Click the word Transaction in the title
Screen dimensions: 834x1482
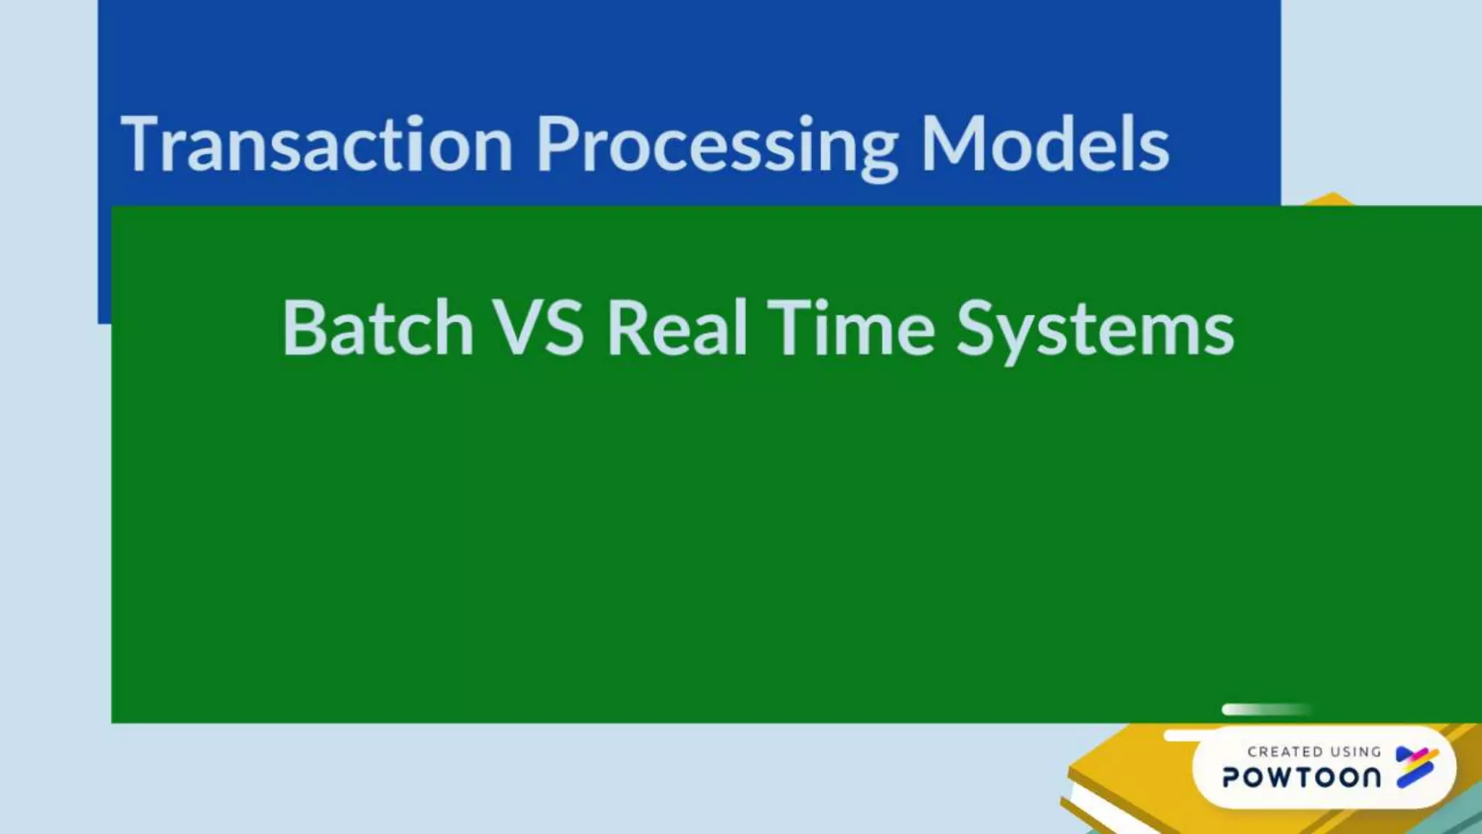[317, 145]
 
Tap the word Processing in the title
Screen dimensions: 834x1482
[716, 145]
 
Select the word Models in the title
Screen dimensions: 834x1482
[1044, 145]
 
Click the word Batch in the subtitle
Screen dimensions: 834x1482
[378, 328]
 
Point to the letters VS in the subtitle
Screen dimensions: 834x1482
[538, 328]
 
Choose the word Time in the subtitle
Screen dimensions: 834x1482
[852, 328]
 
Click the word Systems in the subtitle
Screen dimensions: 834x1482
[1095, 328]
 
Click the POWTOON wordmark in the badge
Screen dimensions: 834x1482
[1301, 778]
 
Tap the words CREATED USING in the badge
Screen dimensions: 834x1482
[1314, 752]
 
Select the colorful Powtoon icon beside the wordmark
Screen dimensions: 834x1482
[1416, 767]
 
